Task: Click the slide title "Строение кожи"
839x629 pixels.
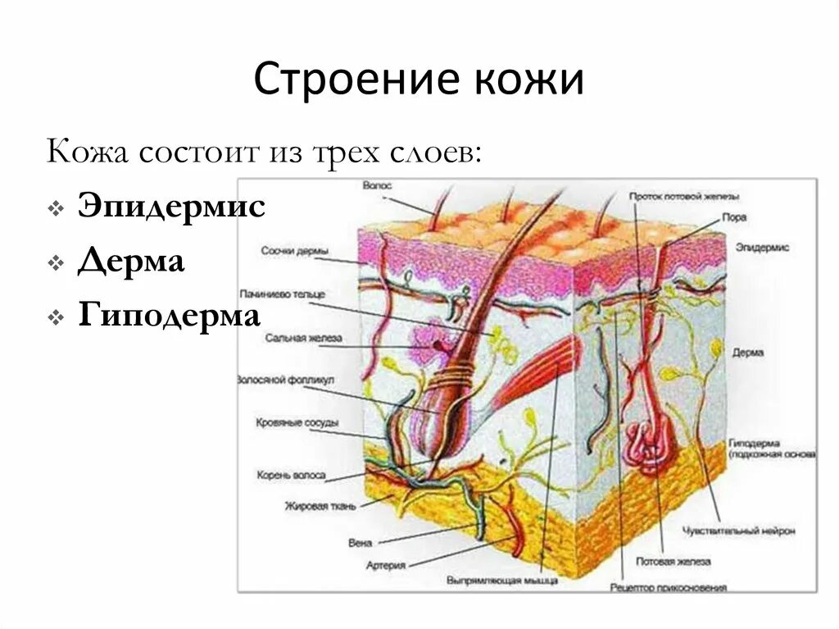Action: click(x=419, y=81)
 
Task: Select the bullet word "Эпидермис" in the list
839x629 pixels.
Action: click(x=171, y=207)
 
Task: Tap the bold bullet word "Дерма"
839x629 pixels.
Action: click(x=131, y=262)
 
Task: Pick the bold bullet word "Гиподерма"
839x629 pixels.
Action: click(x=170, y=316)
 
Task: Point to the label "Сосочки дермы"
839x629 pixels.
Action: click(x=296, y=251)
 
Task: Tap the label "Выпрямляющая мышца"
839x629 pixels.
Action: click(x=502, y=580)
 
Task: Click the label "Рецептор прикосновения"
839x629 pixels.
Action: click(x=669, y=588)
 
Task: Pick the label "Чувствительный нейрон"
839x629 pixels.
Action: click(x=738, y=531)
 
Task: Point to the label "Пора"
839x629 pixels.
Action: click(x=732, y=218)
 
